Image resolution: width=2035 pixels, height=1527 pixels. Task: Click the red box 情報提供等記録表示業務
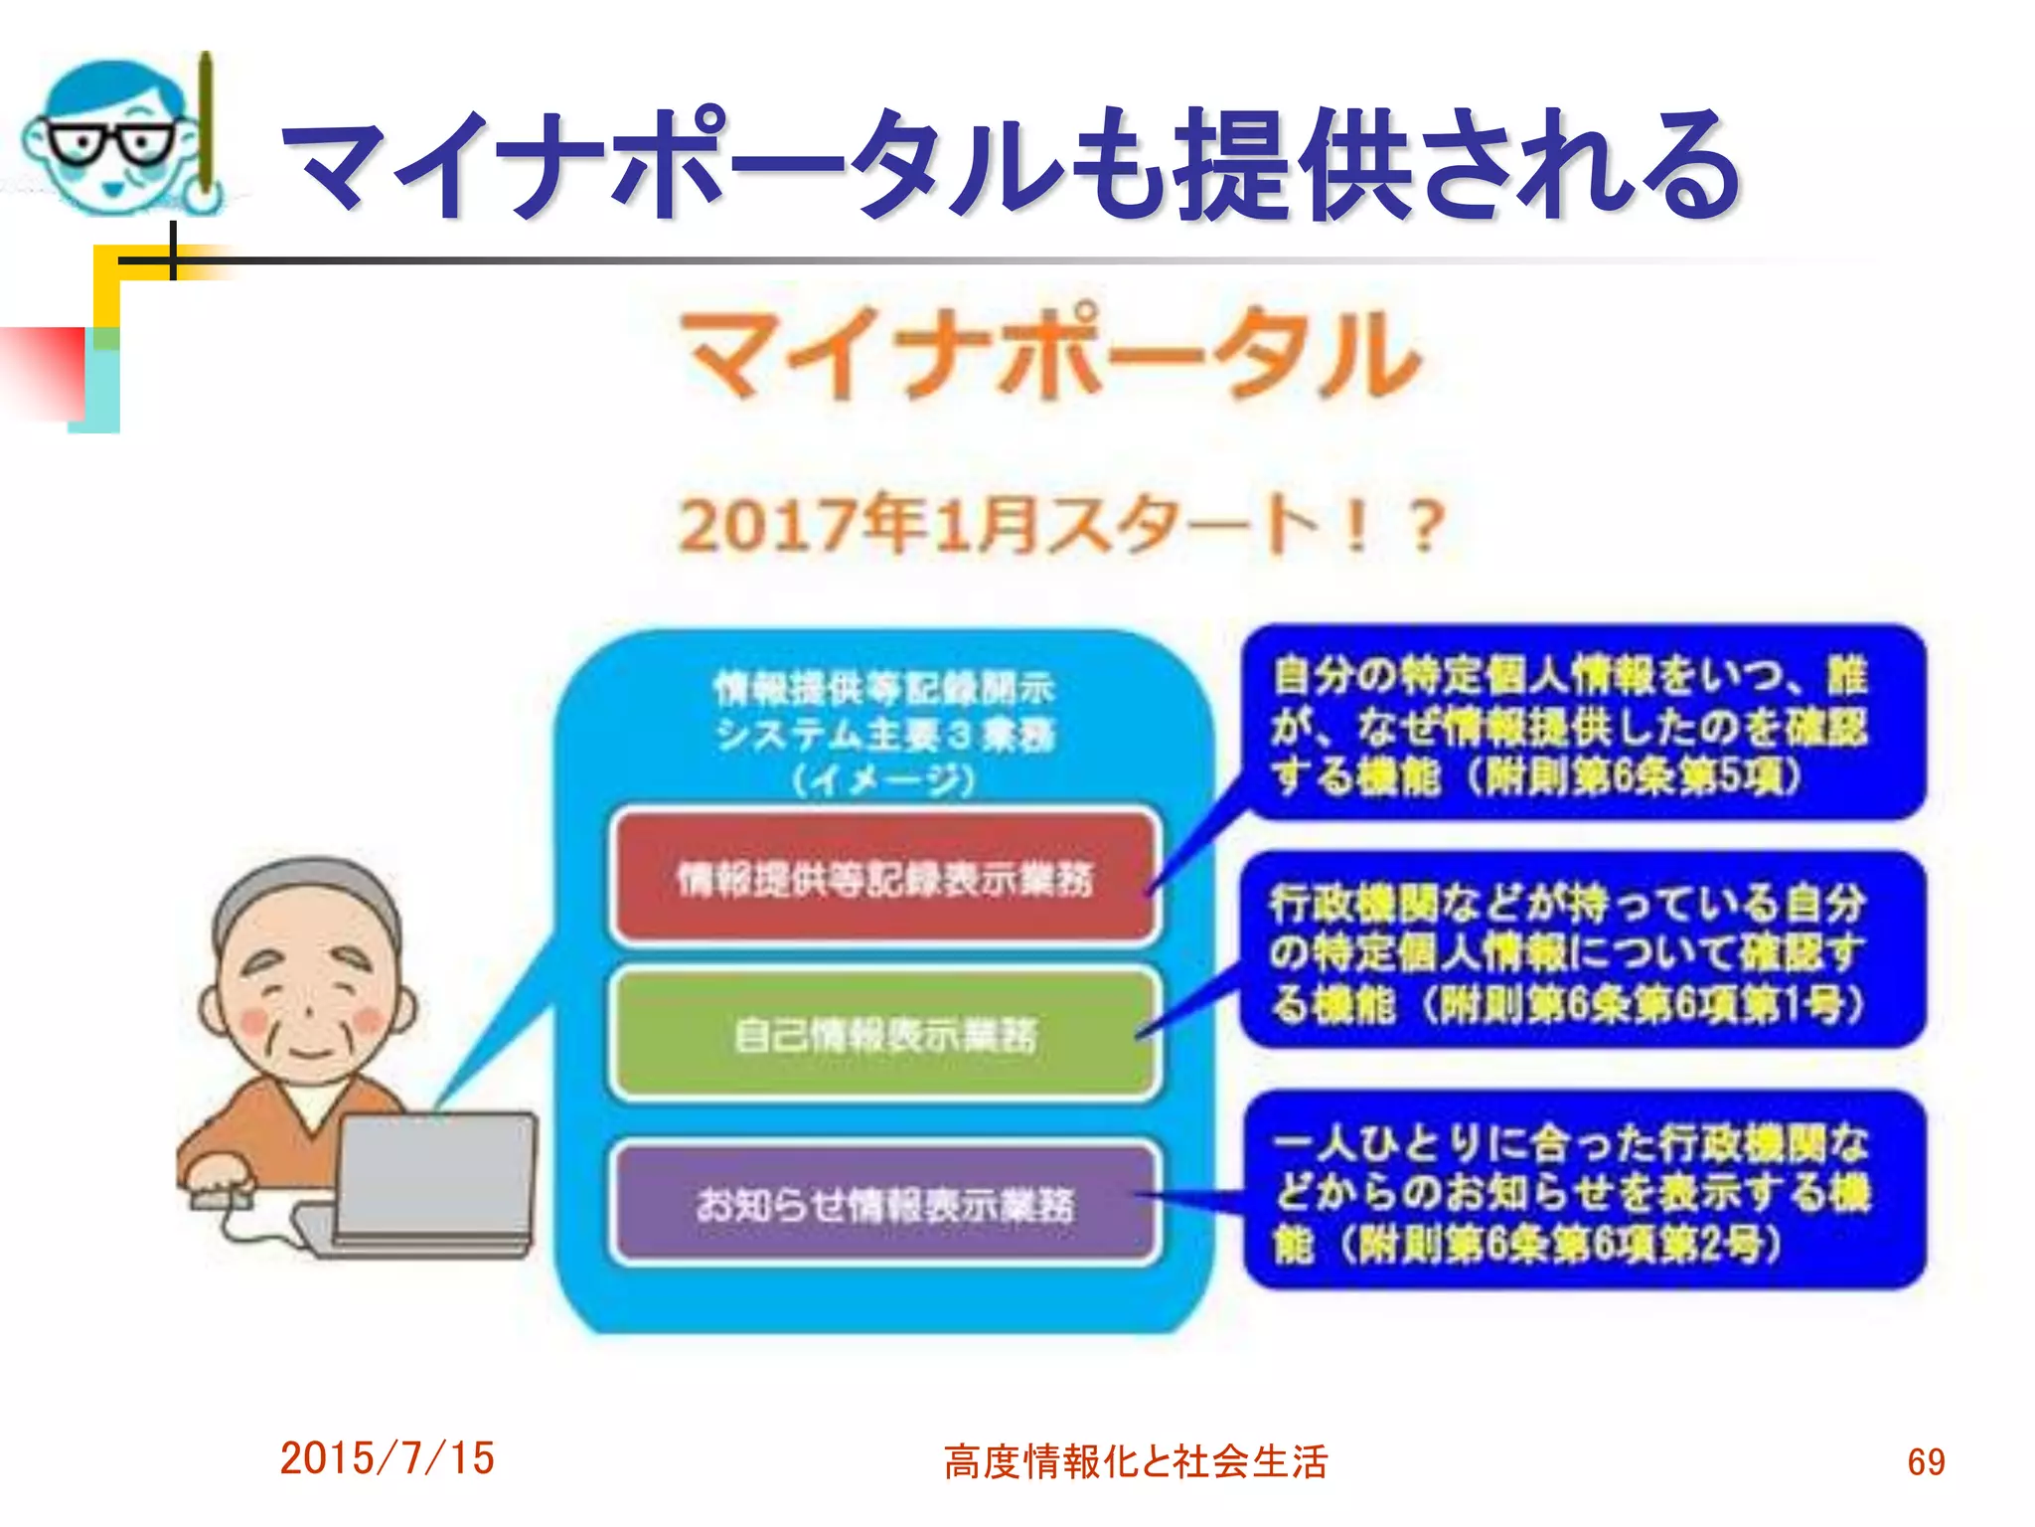884,877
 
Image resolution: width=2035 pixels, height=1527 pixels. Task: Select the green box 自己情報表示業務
884,1034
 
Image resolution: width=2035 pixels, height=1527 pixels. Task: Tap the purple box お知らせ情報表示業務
884,1204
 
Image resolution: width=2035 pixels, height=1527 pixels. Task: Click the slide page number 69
1926,1461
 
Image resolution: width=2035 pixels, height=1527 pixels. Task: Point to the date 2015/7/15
387,1458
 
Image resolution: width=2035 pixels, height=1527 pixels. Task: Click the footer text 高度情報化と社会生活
1136,1461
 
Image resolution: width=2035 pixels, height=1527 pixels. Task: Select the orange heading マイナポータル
1051,354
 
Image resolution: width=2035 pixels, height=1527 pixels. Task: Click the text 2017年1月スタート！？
1059,525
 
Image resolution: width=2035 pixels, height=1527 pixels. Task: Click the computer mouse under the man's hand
221,1199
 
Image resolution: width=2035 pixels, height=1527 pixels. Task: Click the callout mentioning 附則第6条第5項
1584,724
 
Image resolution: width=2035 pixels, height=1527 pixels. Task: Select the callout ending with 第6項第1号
1584,950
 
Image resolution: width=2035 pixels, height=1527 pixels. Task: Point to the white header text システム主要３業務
884,734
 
